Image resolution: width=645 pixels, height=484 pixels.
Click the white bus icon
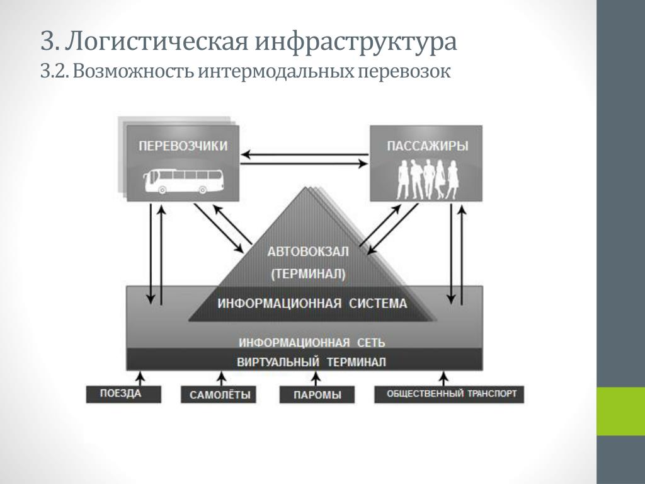coord(183,181)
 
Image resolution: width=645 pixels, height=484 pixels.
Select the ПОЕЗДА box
coord(123,394)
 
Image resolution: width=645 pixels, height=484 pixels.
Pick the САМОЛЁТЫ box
coord(219,395)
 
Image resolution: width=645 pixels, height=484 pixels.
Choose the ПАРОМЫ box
coord(317,395)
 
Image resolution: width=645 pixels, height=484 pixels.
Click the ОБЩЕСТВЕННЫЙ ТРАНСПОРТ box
coord(448,394)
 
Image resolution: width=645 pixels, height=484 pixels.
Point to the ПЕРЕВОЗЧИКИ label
coord(183,146)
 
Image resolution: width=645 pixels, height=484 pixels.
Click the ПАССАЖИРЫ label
coord(428,146)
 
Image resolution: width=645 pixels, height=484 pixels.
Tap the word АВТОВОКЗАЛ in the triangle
coord(308,251)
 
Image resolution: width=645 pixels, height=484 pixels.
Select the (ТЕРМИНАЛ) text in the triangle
coord(308,274)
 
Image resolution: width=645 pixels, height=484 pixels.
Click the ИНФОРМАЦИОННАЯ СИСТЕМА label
coord(312,304)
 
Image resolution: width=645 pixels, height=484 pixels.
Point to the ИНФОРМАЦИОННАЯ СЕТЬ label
coord(312,342)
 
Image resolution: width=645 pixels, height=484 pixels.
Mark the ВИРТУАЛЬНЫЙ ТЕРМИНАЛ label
coord(311,362)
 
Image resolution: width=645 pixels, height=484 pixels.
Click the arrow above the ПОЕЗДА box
coord(141,378)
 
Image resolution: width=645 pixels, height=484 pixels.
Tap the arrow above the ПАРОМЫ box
coord(316,378)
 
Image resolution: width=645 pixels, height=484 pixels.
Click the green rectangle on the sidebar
coord(620,411)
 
